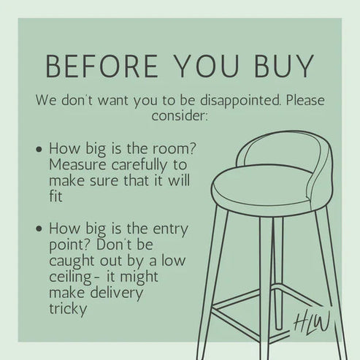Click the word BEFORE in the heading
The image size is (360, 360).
(102, 66)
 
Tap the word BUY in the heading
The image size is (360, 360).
(284, 66)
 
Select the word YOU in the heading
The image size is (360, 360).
(207, 66)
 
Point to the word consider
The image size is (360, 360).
(180, 115)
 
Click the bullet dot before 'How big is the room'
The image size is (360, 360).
(39, 149)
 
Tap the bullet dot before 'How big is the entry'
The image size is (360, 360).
(39, 229)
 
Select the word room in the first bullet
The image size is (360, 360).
(175, 149)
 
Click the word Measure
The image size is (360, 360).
(77, 165)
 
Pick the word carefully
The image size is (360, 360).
(139, 166)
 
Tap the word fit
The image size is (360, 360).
(55, 196)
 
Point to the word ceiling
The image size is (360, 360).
(70, 277)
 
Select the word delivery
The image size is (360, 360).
(117, 293)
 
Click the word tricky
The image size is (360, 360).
(68, 309)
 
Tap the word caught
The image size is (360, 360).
(72, 261)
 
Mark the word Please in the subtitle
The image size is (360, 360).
(305, 100)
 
